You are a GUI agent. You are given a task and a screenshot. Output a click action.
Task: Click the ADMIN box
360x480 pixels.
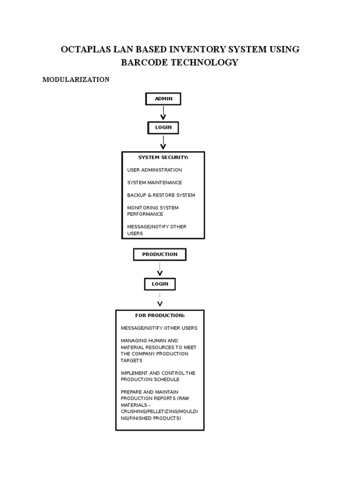click(x=163, y=99)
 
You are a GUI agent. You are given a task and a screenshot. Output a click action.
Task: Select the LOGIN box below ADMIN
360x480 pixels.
click(x=163, y=127)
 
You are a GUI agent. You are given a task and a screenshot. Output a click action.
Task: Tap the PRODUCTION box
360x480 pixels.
click(x=159, y=255)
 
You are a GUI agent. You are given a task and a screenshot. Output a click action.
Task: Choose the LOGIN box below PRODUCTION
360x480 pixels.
click(x=159, y=284)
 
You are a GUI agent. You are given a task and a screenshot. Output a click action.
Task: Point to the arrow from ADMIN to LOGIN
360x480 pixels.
click(x=163, y=113)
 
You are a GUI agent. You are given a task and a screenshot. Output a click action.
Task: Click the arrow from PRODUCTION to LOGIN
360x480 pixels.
click(x=159, y=270)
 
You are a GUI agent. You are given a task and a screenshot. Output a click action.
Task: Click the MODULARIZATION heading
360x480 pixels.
click(x=76, y=80)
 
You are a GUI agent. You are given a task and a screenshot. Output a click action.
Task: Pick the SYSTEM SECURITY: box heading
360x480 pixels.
click(x=163, y=157)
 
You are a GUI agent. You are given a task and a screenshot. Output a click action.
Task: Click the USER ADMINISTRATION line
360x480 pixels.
click(x=154, y=170)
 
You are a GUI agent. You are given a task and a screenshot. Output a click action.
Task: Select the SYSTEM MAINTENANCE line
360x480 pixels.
click(x=154, y=183)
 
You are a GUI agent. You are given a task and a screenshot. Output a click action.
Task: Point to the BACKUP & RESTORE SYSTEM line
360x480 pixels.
click(x=161, y=195)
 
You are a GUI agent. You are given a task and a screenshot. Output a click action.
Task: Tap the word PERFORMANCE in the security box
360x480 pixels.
click(x=145, y=214)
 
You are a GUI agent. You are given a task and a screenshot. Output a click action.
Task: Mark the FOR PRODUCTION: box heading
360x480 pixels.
click(x=160, y=315)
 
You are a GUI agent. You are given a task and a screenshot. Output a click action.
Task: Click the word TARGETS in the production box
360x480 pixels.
click(x=131, y=361)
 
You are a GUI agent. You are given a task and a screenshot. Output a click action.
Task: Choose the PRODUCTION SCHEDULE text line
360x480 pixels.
click(x=150, y=380)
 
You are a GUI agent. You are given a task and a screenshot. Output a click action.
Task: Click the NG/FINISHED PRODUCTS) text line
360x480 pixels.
click(x=150, y=418)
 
